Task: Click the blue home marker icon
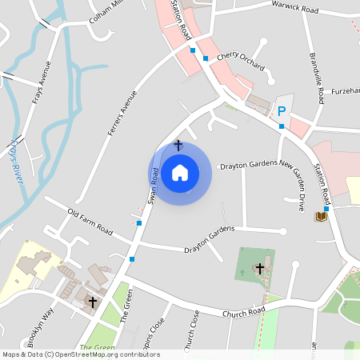coord(180,173)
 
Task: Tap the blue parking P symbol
coord(281,111)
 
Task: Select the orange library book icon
coord(322,216)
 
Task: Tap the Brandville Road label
coord(317,79)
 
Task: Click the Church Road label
coord(244,312)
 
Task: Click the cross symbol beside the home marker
coord(178,146)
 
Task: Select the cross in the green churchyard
coord(258,269)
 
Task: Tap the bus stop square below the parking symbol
coord(281,126)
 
